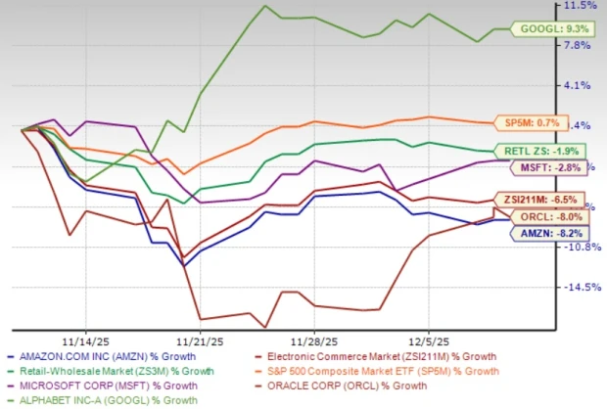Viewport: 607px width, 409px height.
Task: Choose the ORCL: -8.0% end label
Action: [x=558, y=216]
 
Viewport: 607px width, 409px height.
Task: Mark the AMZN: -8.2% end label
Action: [x=558, y=233]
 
